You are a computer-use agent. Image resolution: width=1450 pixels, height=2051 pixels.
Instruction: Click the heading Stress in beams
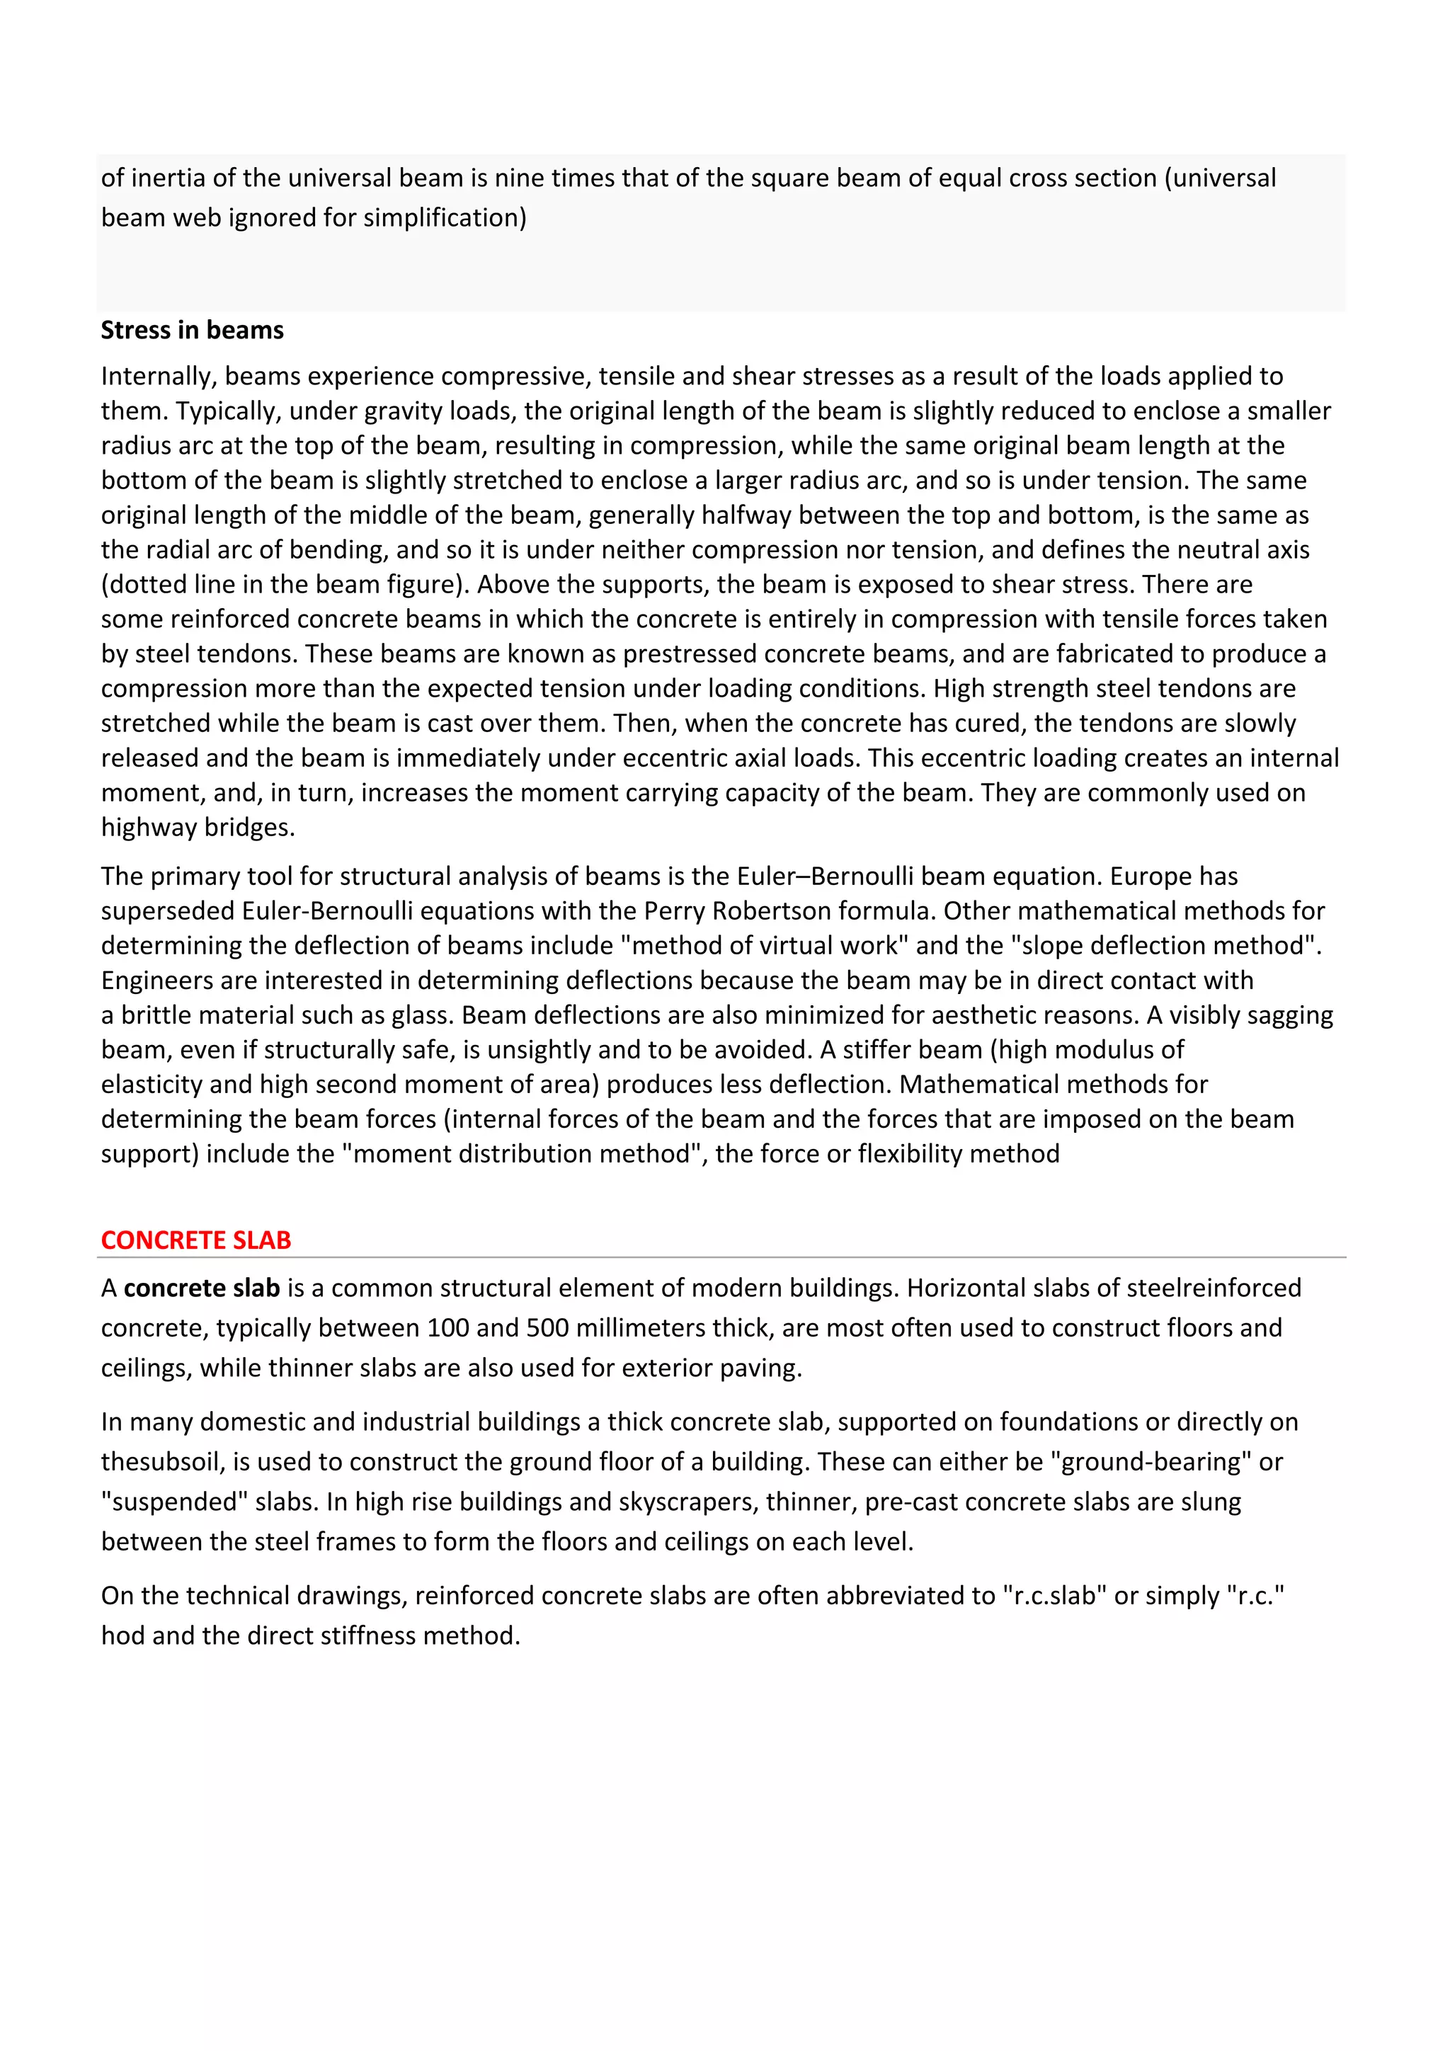[192, 331]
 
